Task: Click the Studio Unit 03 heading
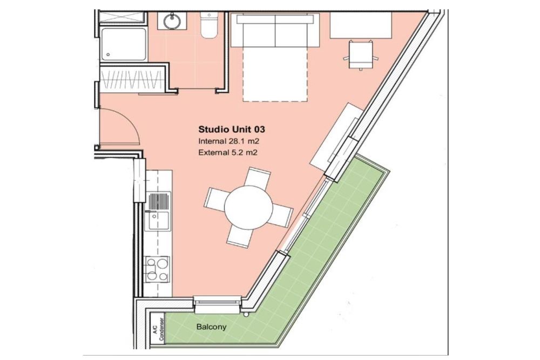[232, 130]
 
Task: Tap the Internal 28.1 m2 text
[228, 141]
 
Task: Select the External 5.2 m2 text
[228, 152]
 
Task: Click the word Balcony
[211, 327]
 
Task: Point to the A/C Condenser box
[158, 329]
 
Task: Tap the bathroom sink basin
[172, 21]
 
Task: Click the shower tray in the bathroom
[123, 45]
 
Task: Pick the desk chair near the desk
[361, 55]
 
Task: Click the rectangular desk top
[361, 25]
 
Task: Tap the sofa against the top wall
[275, 30]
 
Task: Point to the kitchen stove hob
[157, 269]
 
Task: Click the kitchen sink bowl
[158, 221]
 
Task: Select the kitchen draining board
[159, 201]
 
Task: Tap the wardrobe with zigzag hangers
[132, 79]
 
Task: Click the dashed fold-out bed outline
[275, 74]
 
